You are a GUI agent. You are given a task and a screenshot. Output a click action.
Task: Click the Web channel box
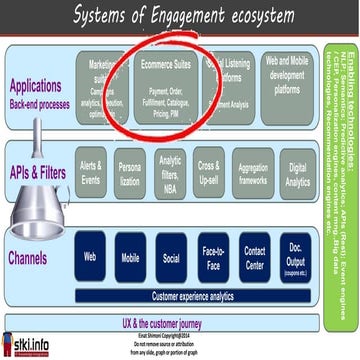pyautogui.click(x=89, y=257)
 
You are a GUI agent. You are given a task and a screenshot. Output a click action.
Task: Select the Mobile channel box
pyautogui.click(x=131, y=257)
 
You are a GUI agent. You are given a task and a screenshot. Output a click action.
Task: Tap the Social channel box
pyautogui.click(x=172, y=257)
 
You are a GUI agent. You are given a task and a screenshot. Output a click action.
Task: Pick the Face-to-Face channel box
pyautogui.click(x=213, y=257)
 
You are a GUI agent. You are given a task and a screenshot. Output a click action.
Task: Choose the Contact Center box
pyautogui.click(x=255, y=257)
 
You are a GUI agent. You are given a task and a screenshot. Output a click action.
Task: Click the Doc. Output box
pyautogui.click(x=297, y=259)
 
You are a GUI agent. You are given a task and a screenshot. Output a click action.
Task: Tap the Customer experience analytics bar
pyautogui.click(x=193, y=296)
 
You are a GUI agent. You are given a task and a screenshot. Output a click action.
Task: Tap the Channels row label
pyautogui.click(x=30, y=258)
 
